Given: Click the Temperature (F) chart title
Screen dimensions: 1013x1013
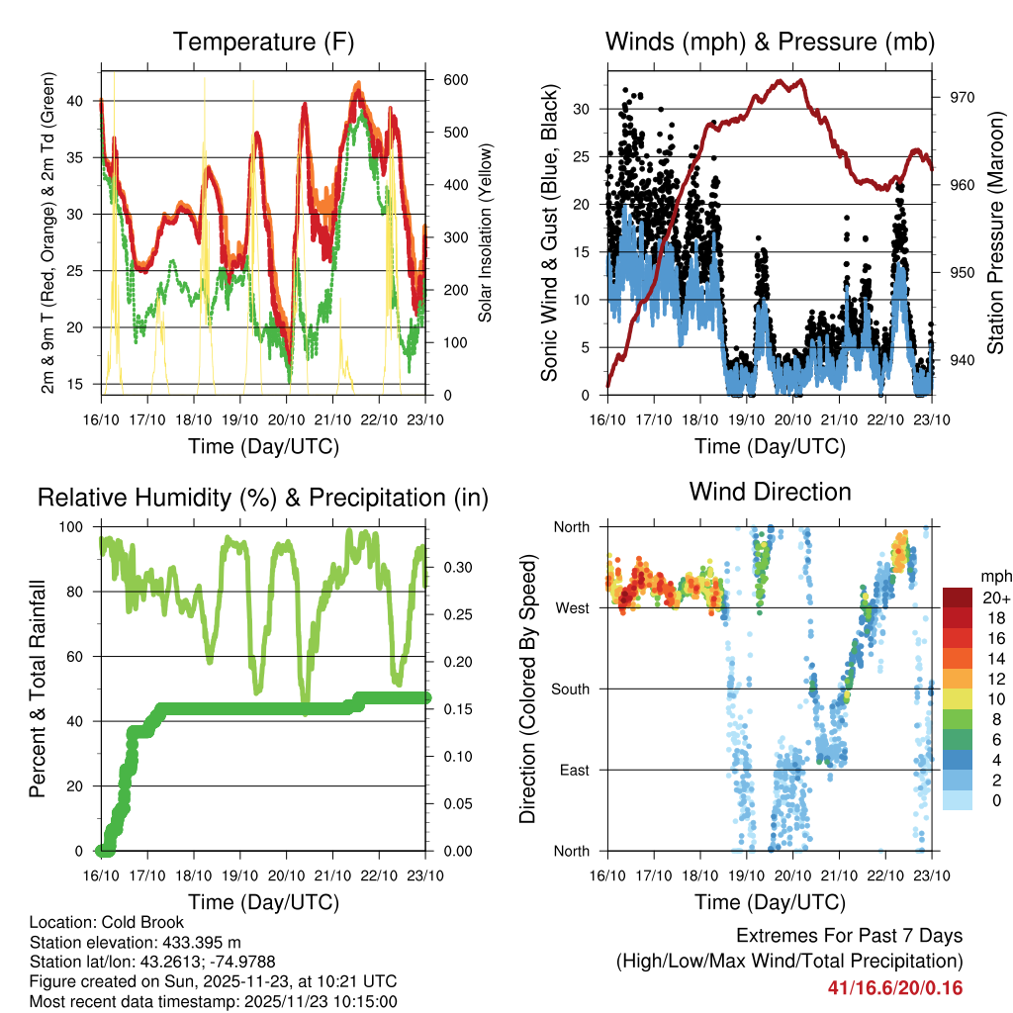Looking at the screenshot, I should point(263,43).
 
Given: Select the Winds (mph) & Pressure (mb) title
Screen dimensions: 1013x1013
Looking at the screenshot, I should point(770,43).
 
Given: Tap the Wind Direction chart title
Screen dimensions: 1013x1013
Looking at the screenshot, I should point(770,492).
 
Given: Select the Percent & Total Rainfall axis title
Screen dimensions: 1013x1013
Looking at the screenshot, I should point(40,690).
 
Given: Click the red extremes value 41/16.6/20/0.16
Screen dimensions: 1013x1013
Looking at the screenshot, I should point(895,988).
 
